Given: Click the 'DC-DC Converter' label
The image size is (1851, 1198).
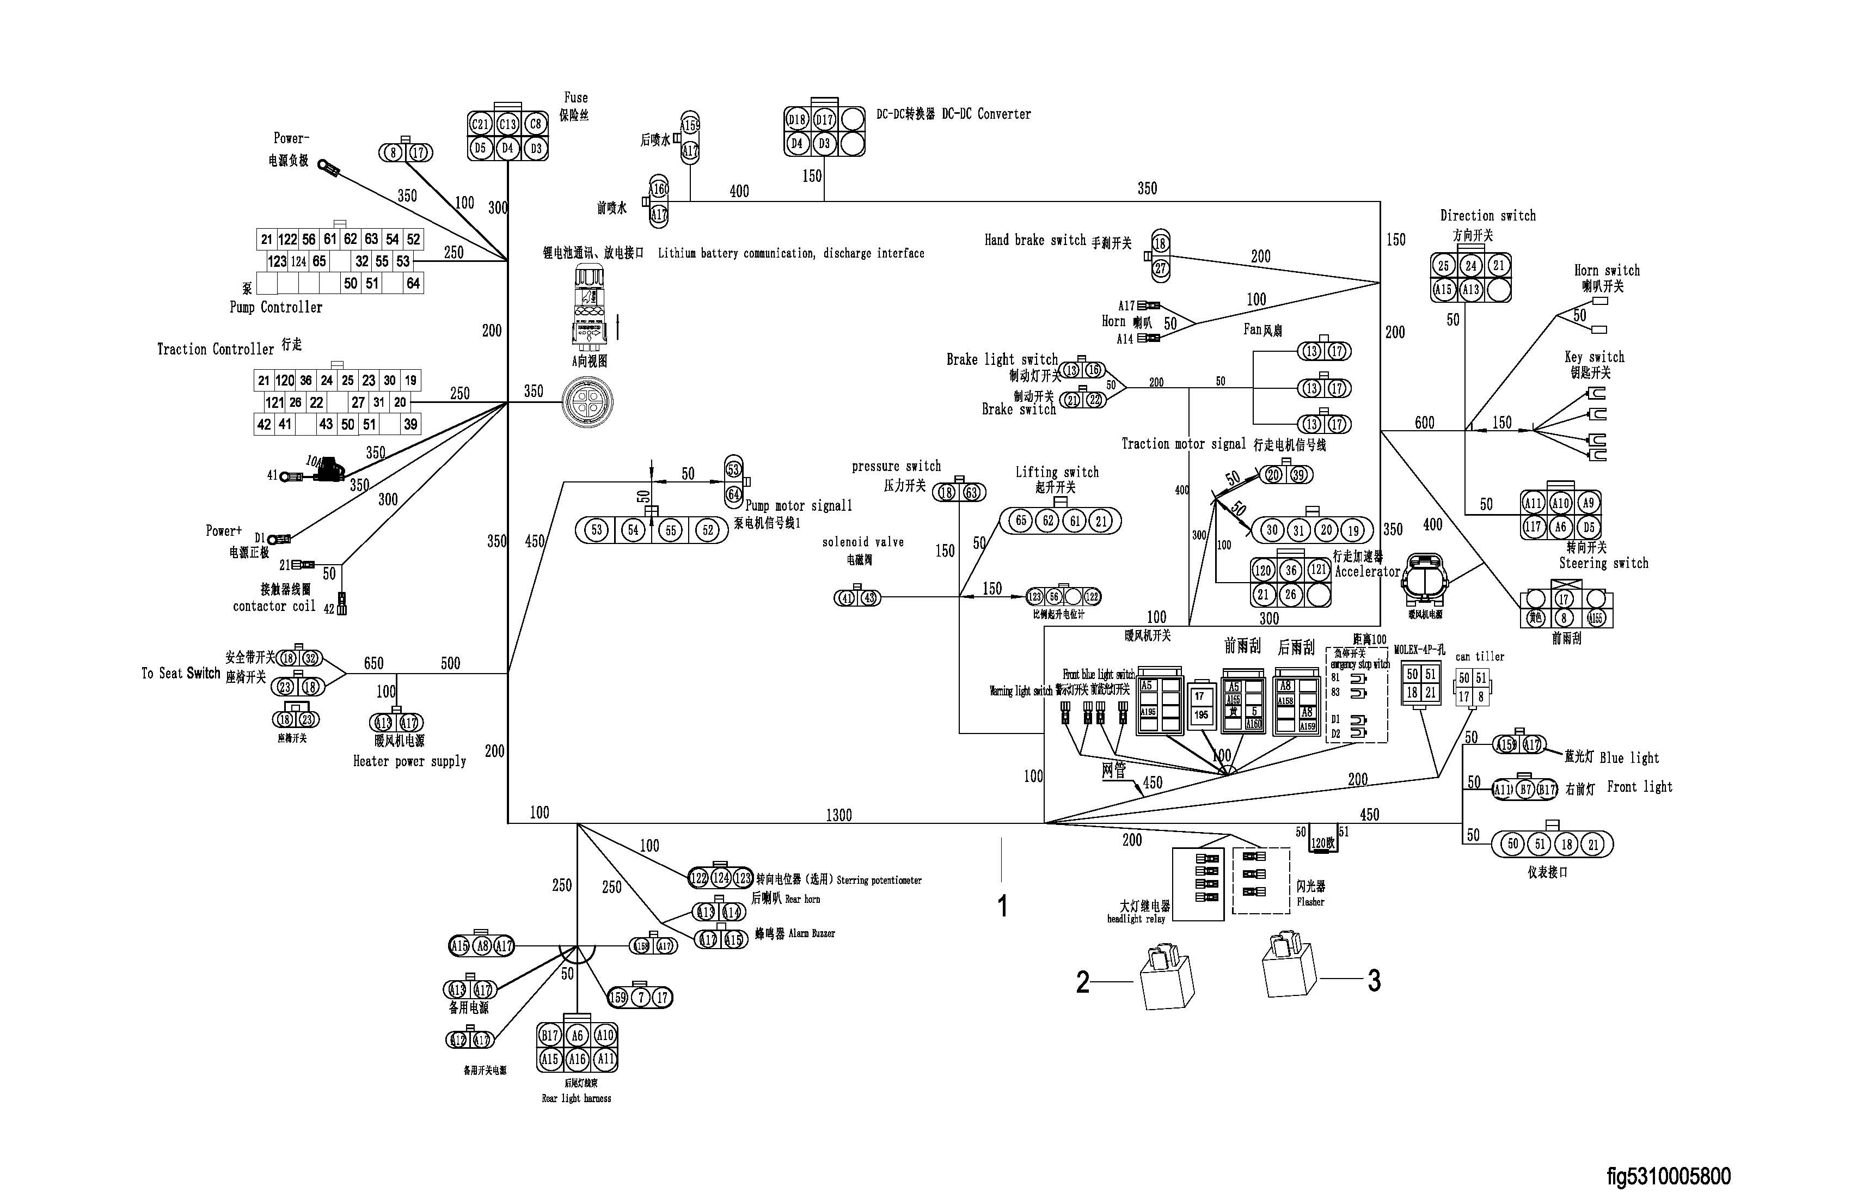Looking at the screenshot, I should pos(986,114).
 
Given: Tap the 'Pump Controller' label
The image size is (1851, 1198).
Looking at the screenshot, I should pos(275,307).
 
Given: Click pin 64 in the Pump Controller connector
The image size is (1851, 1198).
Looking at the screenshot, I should pos(413,283).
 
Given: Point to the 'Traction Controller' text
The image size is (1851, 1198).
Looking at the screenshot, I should pos(216,349).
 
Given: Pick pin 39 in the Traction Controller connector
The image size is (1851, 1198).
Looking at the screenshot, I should pos(410,424).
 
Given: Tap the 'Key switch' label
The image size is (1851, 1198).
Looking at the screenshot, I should pos(1595,357).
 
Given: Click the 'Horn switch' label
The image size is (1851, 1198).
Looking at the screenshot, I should pos(1607,271).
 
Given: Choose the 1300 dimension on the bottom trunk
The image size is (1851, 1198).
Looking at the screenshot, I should pos(838,815).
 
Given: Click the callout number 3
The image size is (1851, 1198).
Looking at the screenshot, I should pos(1374,981).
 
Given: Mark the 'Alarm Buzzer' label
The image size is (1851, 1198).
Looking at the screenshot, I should pos(811,933).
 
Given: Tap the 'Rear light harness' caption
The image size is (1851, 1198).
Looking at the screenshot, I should pos(577,1098).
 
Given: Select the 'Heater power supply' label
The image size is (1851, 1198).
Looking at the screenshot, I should pos(409,762).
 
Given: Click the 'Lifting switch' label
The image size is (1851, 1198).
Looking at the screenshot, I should pos(1057,472).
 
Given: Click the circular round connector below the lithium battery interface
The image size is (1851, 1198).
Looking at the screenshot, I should pos(587,403).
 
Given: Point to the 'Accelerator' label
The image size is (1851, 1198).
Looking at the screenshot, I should pos(1367,572).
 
